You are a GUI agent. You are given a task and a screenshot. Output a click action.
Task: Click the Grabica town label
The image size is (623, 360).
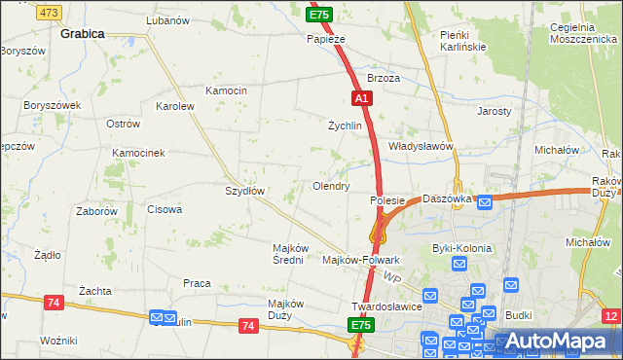83,32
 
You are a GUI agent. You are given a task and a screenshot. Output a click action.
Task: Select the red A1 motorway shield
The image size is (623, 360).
361,98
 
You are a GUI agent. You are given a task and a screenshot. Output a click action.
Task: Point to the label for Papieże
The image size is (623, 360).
326,39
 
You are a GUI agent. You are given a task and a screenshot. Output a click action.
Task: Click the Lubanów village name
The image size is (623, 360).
166,19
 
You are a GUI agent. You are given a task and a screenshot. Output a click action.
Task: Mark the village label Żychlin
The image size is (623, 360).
345,126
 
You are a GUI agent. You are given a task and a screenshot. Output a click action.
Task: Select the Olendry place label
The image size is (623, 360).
330,185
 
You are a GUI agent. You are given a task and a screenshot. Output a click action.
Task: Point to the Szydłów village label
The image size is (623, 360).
245,191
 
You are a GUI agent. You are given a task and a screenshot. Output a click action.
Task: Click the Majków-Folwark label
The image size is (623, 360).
361,260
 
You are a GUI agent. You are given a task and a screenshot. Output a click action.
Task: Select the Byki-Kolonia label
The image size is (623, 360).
462,248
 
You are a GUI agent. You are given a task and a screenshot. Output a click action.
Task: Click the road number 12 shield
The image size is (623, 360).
611,316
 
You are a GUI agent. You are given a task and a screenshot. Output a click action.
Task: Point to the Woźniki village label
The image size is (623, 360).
58,340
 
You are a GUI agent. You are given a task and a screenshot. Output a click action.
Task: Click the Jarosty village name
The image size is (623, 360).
495,111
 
